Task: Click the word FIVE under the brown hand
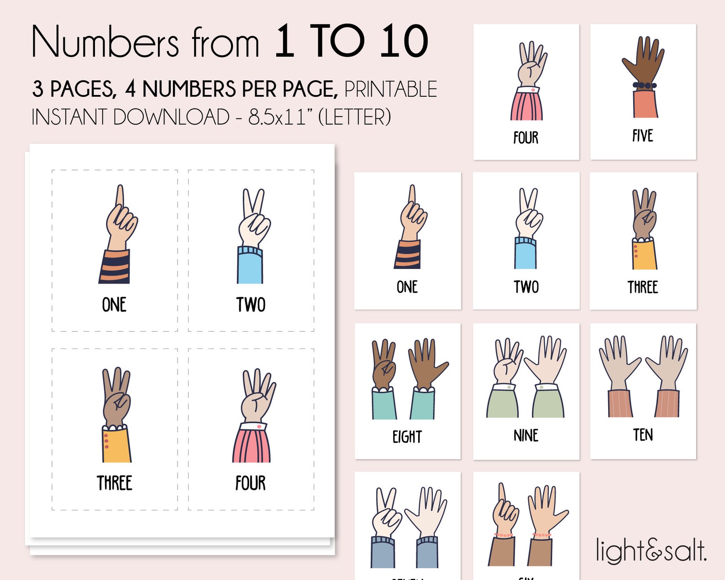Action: [x=642, y=136]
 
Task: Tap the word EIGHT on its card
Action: [x=407, y=437]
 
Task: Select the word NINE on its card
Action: [x=526, y=436]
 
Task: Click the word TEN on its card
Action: [x=643, y=435]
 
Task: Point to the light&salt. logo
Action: [x=651, y=550]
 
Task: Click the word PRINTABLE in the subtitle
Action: [x=391, y=89]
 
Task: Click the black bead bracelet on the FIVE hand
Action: [x=644, y=85]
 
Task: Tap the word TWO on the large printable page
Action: [x=251, y=305]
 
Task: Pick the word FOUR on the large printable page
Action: [x=250, y=483]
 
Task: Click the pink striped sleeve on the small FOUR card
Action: [x=527, y=105]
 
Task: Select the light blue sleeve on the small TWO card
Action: [x=525, y=254]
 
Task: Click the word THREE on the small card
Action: [x=642, y=287]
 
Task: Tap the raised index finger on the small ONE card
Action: [x=412, y=194]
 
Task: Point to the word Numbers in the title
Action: [x=105, y=42]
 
